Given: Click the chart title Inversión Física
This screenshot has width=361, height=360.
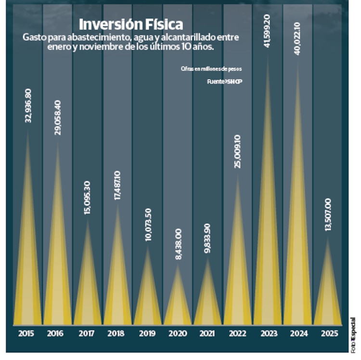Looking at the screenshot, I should tap(130, 24).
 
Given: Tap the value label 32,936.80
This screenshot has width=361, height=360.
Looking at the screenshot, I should tap(28, 106).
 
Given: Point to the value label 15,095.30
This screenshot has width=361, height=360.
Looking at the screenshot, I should tap(88, 197).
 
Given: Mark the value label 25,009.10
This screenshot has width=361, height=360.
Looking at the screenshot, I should tap(237, 148).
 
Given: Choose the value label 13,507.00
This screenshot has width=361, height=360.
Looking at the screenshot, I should tap(328, 214).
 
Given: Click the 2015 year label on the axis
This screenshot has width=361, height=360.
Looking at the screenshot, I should tap(27, 333).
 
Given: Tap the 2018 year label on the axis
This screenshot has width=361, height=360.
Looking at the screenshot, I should tap(117, 333).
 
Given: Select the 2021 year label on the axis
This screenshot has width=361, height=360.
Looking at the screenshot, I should tap(207, 333).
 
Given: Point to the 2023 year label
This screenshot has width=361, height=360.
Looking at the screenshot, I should tap(268, 333).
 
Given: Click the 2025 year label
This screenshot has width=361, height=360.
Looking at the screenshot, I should tap(328, 333).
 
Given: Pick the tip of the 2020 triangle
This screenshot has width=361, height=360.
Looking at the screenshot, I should tap(178, 265).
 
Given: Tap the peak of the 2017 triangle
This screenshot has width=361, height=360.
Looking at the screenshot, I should tap(88, 221).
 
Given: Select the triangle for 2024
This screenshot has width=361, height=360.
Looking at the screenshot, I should tap(297, 217).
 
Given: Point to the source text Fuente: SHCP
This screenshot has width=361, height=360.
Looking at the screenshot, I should tap(225, 82).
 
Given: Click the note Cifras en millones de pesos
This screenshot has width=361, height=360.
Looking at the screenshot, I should tap(211, 69).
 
